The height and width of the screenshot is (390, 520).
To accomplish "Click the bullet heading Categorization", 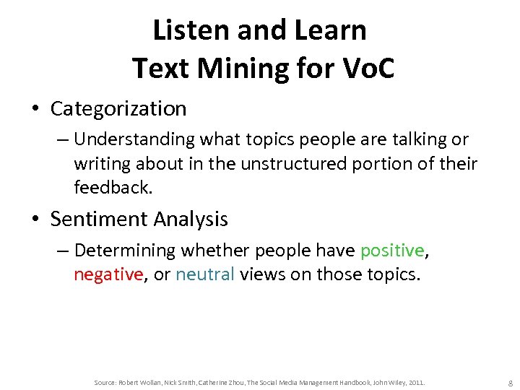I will point(118,108).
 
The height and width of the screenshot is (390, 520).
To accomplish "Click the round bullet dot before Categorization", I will point(35,109).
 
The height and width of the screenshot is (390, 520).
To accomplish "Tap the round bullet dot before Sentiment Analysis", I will point(35,219).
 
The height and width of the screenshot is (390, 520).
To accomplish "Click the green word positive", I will point(391,250).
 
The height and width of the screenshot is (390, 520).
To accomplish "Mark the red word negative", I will point(108,274).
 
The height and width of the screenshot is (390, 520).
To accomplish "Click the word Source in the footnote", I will point(105,381).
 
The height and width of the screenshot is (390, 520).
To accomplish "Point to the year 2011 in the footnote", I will point(417,381).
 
